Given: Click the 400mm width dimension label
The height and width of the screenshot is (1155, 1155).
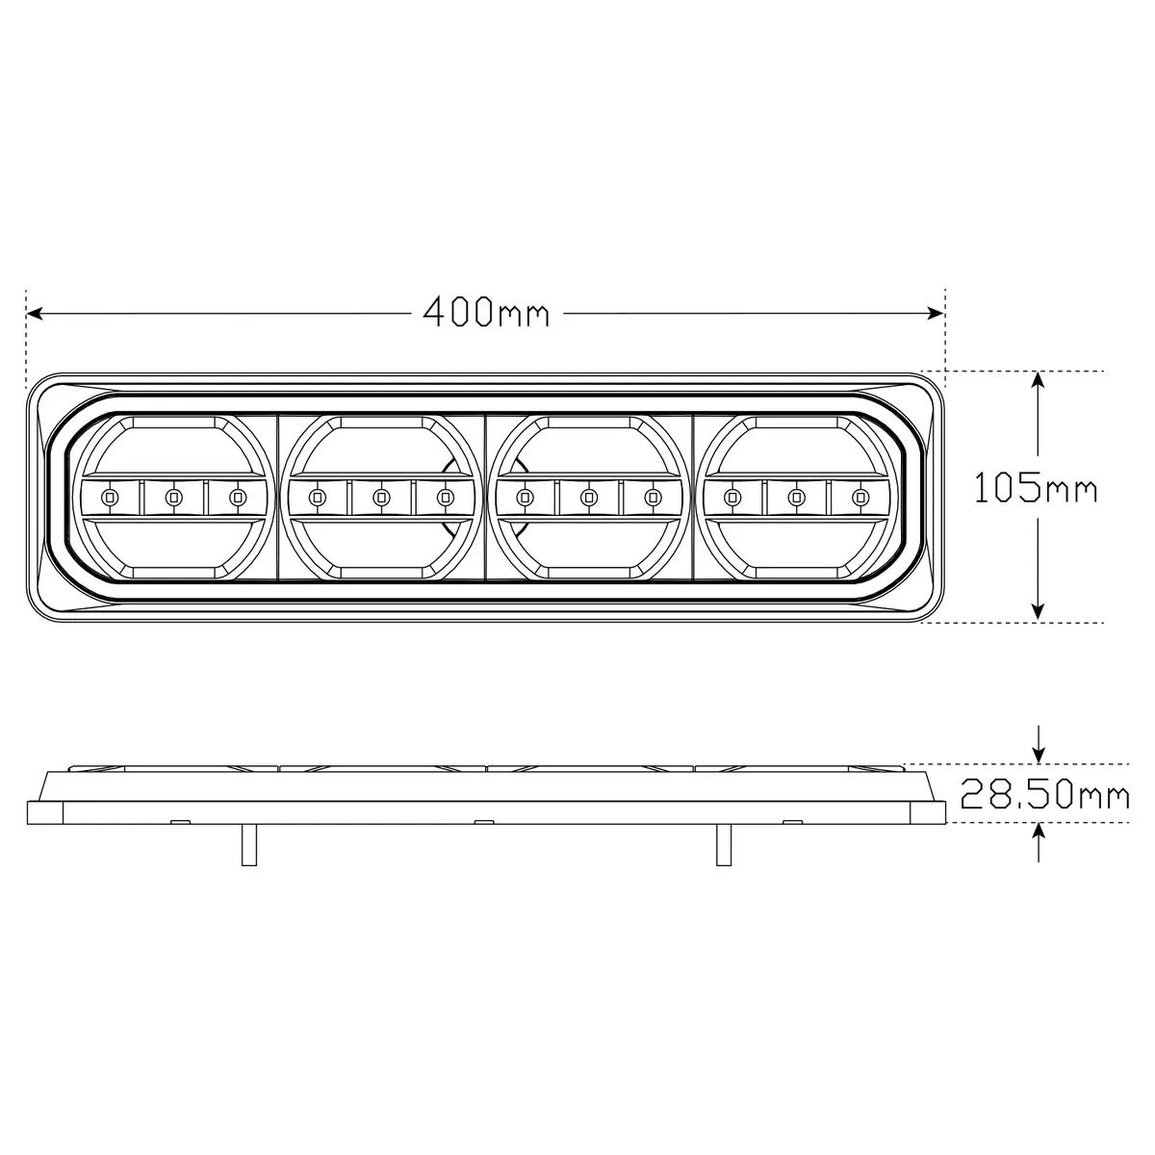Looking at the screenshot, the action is pos(486,312).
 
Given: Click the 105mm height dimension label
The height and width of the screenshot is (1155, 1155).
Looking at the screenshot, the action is pos(1037,488).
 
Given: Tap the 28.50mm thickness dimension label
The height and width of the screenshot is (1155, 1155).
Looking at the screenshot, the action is pos(1044,794).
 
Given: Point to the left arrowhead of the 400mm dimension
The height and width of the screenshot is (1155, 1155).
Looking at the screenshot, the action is pos(35,313).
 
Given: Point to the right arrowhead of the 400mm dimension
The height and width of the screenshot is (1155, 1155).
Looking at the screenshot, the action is pos(935,313).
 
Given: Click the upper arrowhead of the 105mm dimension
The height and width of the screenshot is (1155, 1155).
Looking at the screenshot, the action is pos(1039,379).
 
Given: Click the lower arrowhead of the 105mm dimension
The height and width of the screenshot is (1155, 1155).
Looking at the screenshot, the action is pos(1039,611).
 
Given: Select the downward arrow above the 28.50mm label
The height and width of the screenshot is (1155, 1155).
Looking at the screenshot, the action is pos(1039,744).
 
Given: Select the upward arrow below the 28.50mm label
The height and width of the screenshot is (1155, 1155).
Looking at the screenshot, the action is pos(1039,843).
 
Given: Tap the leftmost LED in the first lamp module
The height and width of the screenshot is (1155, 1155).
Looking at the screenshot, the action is pos(109,497).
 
